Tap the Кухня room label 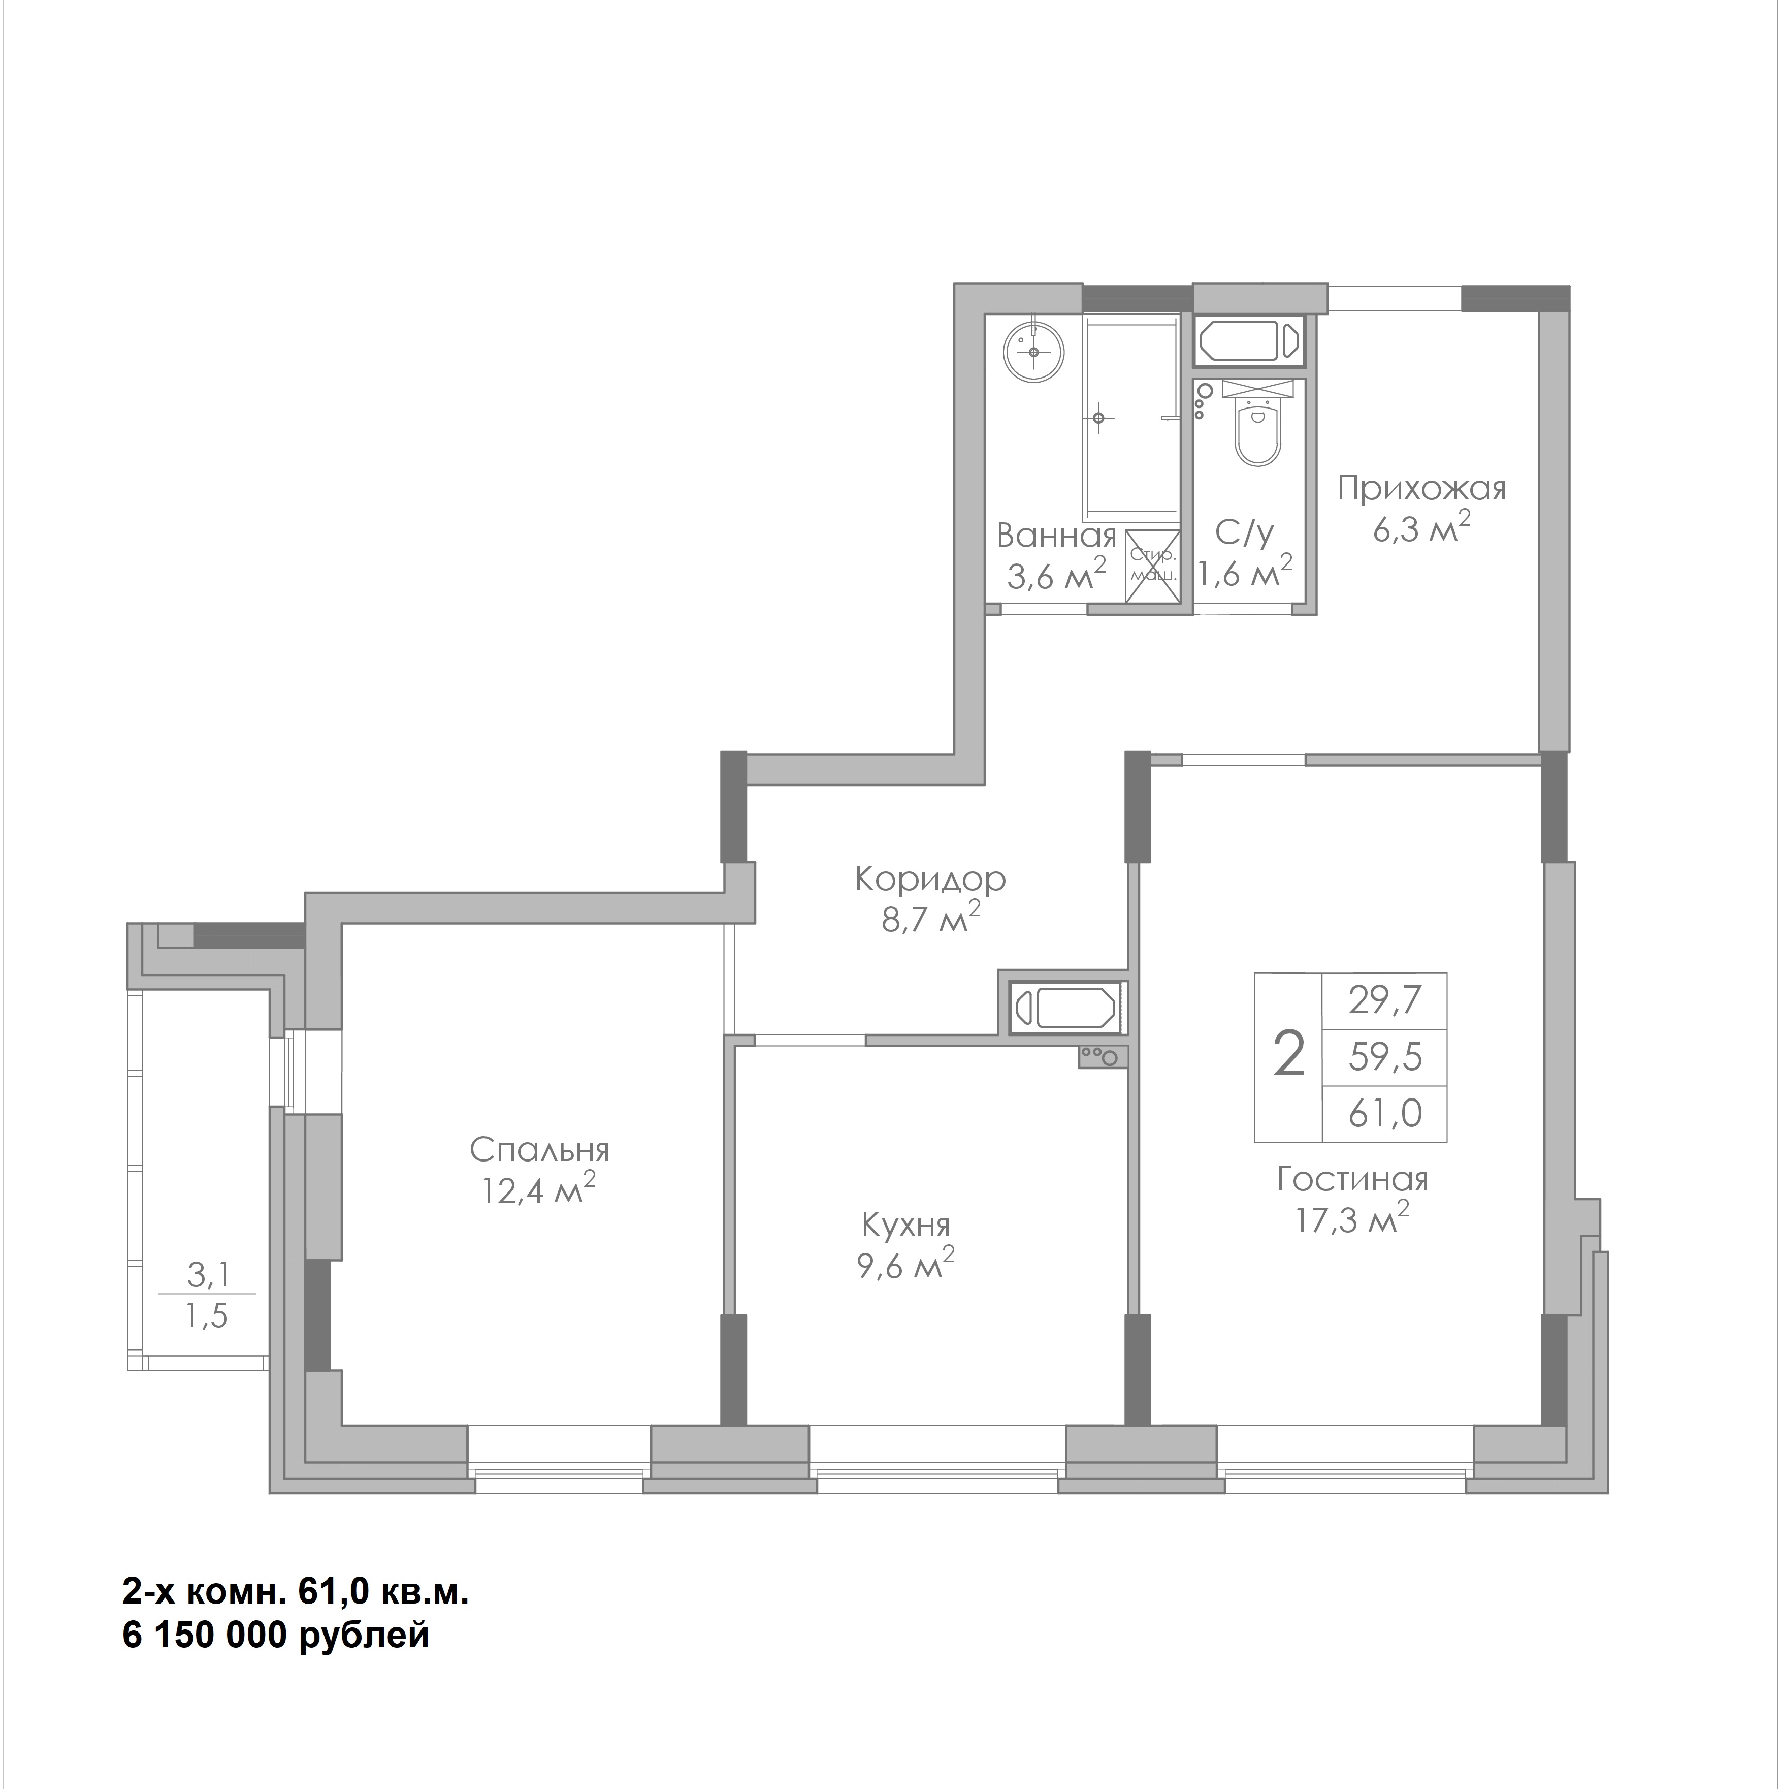(905, 1225)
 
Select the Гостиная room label (1352, 1180)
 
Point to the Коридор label (930, 880)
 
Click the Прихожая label (1422, 488)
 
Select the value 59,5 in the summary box (1385, 1056)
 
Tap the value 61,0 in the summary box (1385, 1112)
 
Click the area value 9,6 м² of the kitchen (905, 1264)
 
